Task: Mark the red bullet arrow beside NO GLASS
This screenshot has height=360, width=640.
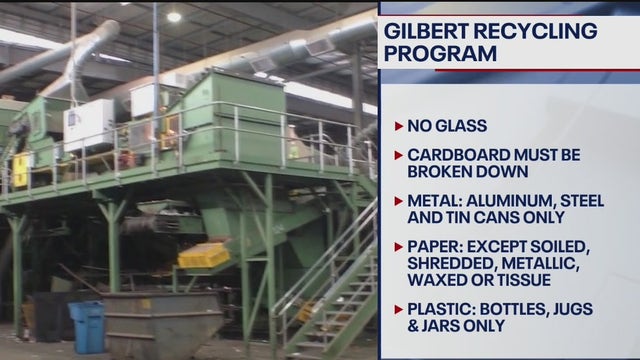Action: click(x=399, y=127)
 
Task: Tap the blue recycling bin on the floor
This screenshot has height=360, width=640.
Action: click(x=87, y=326)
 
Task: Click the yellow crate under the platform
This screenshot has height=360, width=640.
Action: click(x=204, y=255)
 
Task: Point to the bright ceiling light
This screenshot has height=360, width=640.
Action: click(x=174, y=17)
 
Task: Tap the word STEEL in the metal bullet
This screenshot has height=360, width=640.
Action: click(x=589, y=201)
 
